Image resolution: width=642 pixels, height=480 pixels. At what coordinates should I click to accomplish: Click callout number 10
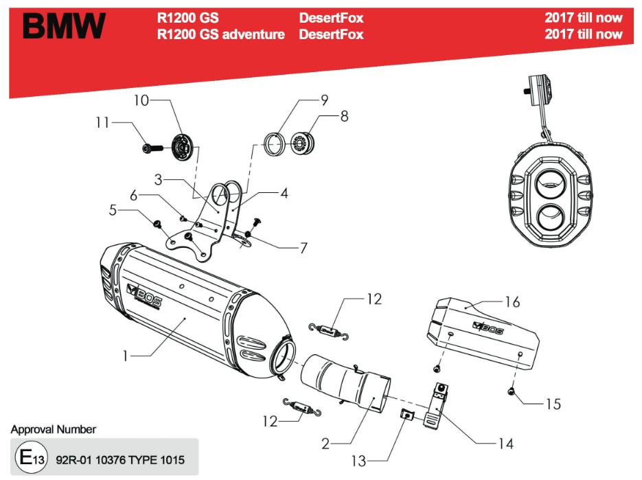(x=141, y=100)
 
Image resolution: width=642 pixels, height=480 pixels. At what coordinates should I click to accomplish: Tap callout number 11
(x=102, y=123)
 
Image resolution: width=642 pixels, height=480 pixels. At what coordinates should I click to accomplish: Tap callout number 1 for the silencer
(x=125, y=356)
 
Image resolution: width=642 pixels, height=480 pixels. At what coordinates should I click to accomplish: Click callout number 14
(x=505, y=444)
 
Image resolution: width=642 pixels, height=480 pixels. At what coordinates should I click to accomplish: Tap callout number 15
(x=552, y=404)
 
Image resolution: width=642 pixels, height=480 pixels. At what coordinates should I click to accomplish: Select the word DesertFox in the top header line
(x=331, y=18)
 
